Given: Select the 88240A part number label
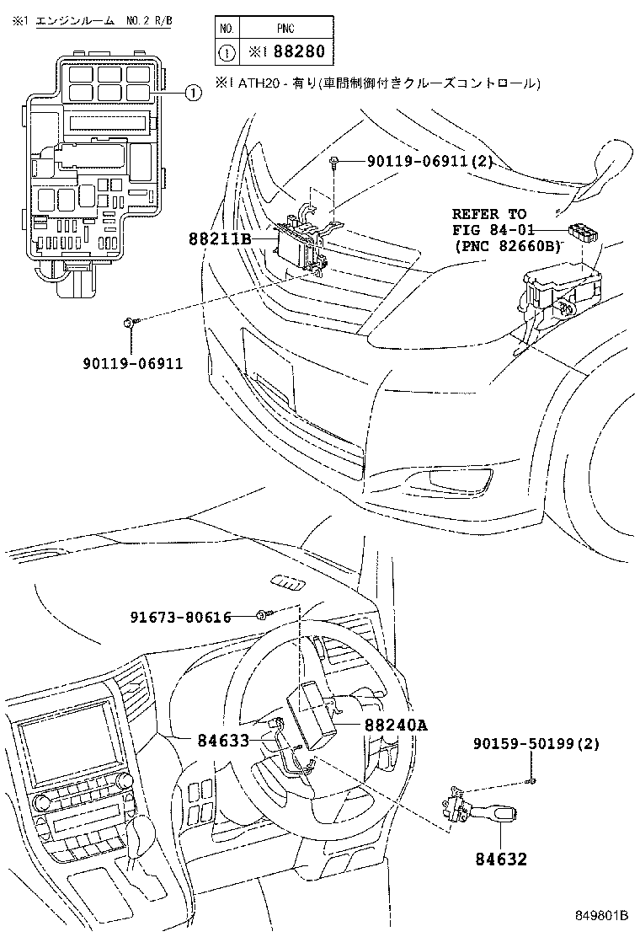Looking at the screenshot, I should [x=396, y=724].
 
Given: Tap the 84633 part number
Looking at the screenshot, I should [x=223, y=741].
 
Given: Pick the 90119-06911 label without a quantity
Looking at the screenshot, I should [x=132, y=364].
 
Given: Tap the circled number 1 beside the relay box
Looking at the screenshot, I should [x=192, y=94].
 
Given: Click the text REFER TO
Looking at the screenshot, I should [x=488, y=214].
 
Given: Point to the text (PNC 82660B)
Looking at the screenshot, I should [x=506, y=246].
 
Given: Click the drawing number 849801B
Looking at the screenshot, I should [x=603, y=915].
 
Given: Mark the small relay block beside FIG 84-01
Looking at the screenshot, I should [x=582, y=231].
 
